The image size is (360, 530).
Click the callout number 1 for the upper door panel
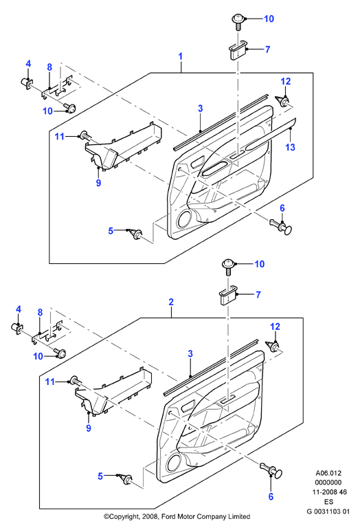pyautogui.click(x=181, y=56)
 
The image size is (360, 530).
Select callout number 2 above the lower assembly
pyautogui.click(x=171, y=302)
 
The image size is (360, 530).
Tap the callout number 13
pyautogui.click(x=290, y=147)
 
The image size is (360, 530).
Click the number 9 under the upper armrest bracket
pyautogui.click(x=98, y=183)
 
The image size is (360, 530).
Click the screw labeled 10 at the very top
pyautogui.click(x=238, y=21)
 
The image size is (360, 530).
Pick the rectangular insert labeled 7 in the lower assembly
pyautogui.click(x=228, y=296)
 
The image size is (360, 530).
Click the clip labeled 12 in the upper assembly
pyautogui.click(x=282, y=101)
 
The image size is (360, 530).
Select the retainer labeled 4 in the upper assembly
pyautogui.click(x=27, y=82)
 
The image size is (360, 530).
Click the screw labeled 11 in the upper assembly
pyautogui.click(x=85, y=136)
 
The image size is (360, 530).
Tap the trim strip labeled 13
pyautogui.click(x=271, y=135)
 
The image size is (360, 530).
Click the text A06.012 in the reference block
pyautogui.click(x=328, y=473)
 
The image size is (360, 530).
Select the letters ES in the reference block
pyautogui.click(x=328, y=502)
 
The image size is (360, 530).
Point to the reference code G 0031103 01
pyautogui.click(x=328, y=511)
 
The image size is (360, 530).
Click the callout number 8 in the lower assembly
pyautogui.click(x=40, y=313)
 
